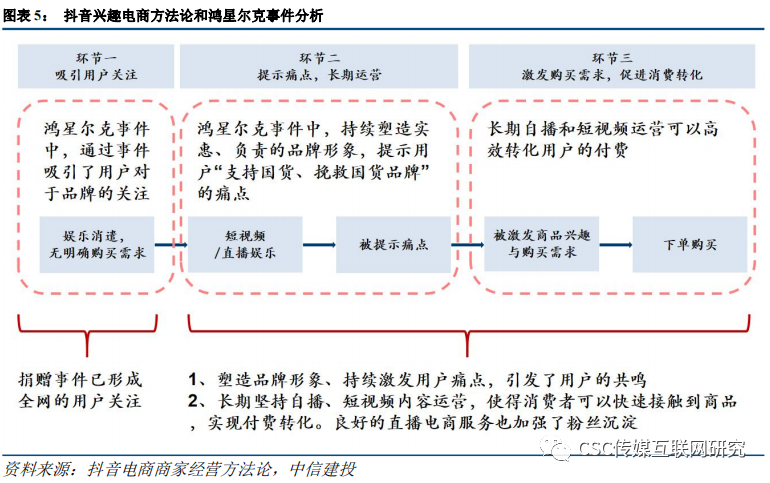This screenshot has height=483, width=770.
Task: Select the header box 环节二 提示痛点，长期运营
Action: pyautogui.click(x=320, y=67)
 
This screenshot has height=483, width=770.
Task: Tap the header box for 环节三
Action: pyautogui.click(x=611, y=67)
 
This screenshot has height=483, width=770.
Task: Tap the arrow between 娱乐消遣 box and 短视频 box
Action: pyautogui.click(x=173, y=243)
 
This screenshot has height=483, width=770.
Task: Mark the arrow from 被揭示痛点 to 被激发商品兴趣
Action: pyautogui.click(x=467, y=243)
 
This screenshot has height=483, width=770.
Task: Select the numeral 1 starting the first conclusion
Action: pyautogui.click(x=195, y=379)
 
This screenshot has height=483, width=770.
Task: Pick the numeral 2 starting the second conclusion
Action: pyautogui.click(x=195, y=402)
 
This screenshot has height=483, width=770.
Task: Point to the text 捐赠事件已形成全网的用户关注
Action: pyautogui.click(x=80, y=391)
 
